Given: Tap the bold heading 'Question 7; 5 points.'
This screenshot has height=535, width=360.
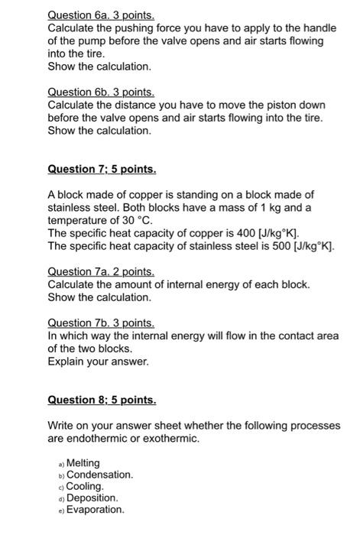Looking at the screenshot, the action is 102,169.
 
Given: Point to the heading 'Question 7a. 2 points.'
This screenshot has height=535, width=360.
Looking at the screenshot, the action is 101,272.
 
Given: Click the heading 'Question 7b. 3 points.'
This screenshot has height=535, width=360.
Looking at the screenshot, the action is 101,323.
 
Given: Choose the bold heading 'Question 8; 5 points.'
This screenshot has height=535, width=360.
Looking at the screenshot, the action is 102,400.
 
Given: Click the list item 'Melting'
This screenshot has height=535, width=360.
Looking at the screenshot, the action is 83,463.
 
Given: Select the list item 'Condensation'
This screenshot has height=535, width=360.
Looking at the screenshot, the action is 99,475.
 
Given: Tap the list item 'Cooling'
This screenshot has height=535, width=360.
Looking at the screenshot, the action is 84,486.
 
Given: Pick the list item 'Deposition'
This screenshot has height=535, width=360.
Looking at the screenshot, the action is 92,498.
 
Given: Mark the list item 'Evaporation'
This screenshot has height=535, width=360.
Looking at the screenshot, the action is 95,510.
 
